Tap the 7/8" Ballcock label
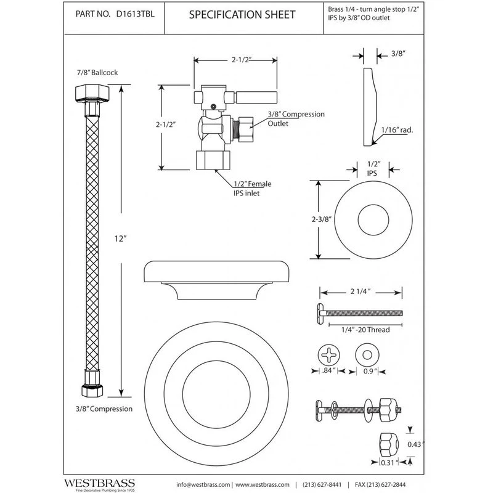(x=97, y=72)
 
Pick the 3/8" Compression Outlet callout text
(x=296, y=119)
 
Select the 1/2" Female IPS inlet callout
(x=251, y=188)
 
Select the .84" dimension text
(x=328, y=371)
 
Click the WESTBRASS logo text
(x=101, y=478)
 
